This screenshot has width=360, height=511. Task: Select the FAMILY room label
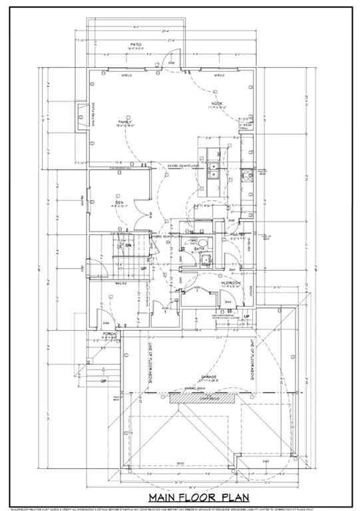124,122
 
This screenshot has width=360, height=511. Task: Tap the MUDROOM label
231,283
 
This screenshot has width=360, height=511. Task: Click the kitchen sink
214,170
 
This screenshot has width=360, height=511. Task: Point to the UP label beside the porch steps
102,381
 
